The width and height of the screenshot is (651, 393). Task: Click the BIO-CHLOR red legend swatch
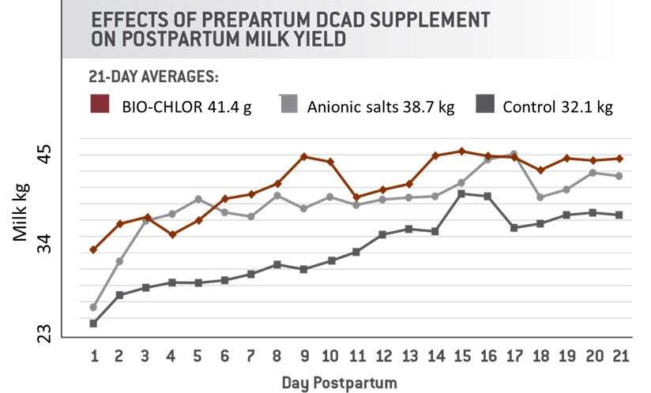click(99, 104)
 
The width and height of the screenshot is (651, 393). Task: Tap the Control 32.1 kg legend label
click(558, 106)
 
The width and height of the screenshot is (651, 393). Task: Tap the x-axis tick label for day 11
click(356, 356)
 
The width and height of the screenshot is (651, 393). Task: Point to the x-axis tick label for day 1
click(94, 356)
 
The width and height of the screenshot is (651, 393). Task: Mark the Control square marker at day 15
click(461, 193)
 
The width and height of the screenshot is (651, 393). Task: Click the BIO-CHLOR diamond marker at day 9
click(304, 156)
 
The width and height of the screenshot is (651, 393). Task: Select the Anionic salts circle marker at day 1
click(93, 307)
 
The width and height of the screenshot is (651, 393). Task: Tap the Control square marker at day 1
click(93, 324)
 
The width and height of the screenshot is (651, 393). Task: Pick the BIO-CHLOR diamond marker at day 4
click(172, 234)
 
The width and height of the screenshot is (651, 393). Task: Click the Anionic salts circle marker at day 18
click(540, 197)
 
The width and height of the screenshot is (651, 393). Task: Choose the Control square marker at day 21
click(619, 215)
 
